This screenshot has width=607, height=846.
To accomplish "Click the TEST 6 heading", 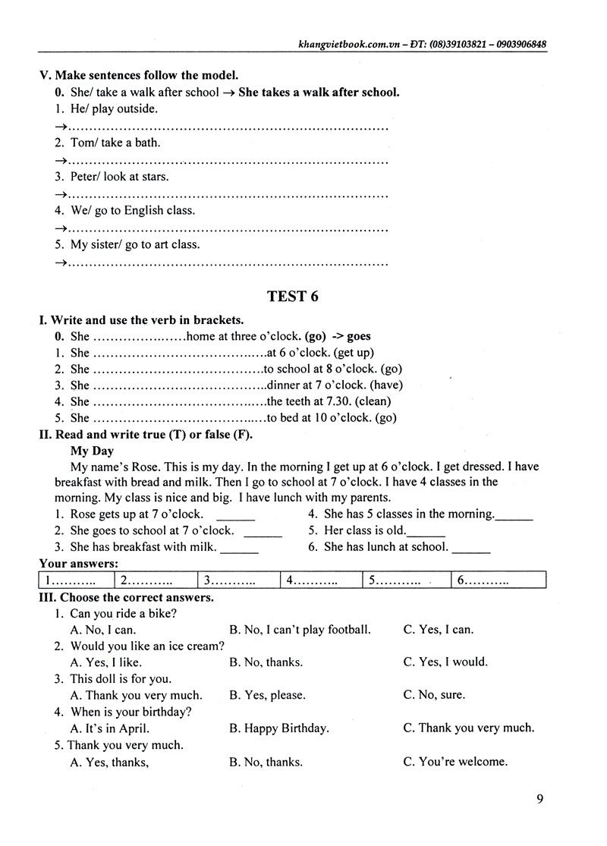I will [293, 297].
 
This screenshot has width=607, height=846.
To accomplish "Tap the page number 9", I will [539, 798].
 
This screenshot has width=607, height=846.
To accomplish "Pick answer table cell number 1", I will [75, 581].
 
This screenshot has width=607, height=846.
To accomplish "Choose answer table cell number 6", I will [498, 581].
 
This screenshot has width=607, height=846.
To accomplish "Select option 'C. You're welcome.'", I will [455, 762].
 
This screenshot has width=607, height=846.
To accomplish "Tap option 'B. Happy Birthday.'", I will [278, 728].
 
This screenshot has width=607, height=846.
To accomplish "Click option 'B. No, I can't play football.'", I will [300, 629].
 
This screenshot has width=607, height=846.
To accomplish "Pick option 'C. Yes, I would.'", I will [445, 662].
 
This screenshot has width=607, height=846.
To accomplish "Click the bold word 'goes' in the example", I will [358, 336].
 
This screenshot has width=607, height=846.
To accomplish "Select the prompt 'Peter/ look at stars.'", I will [119, 177].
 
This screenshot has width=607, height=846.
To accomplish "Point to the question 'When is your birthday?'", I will [131, 712].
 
